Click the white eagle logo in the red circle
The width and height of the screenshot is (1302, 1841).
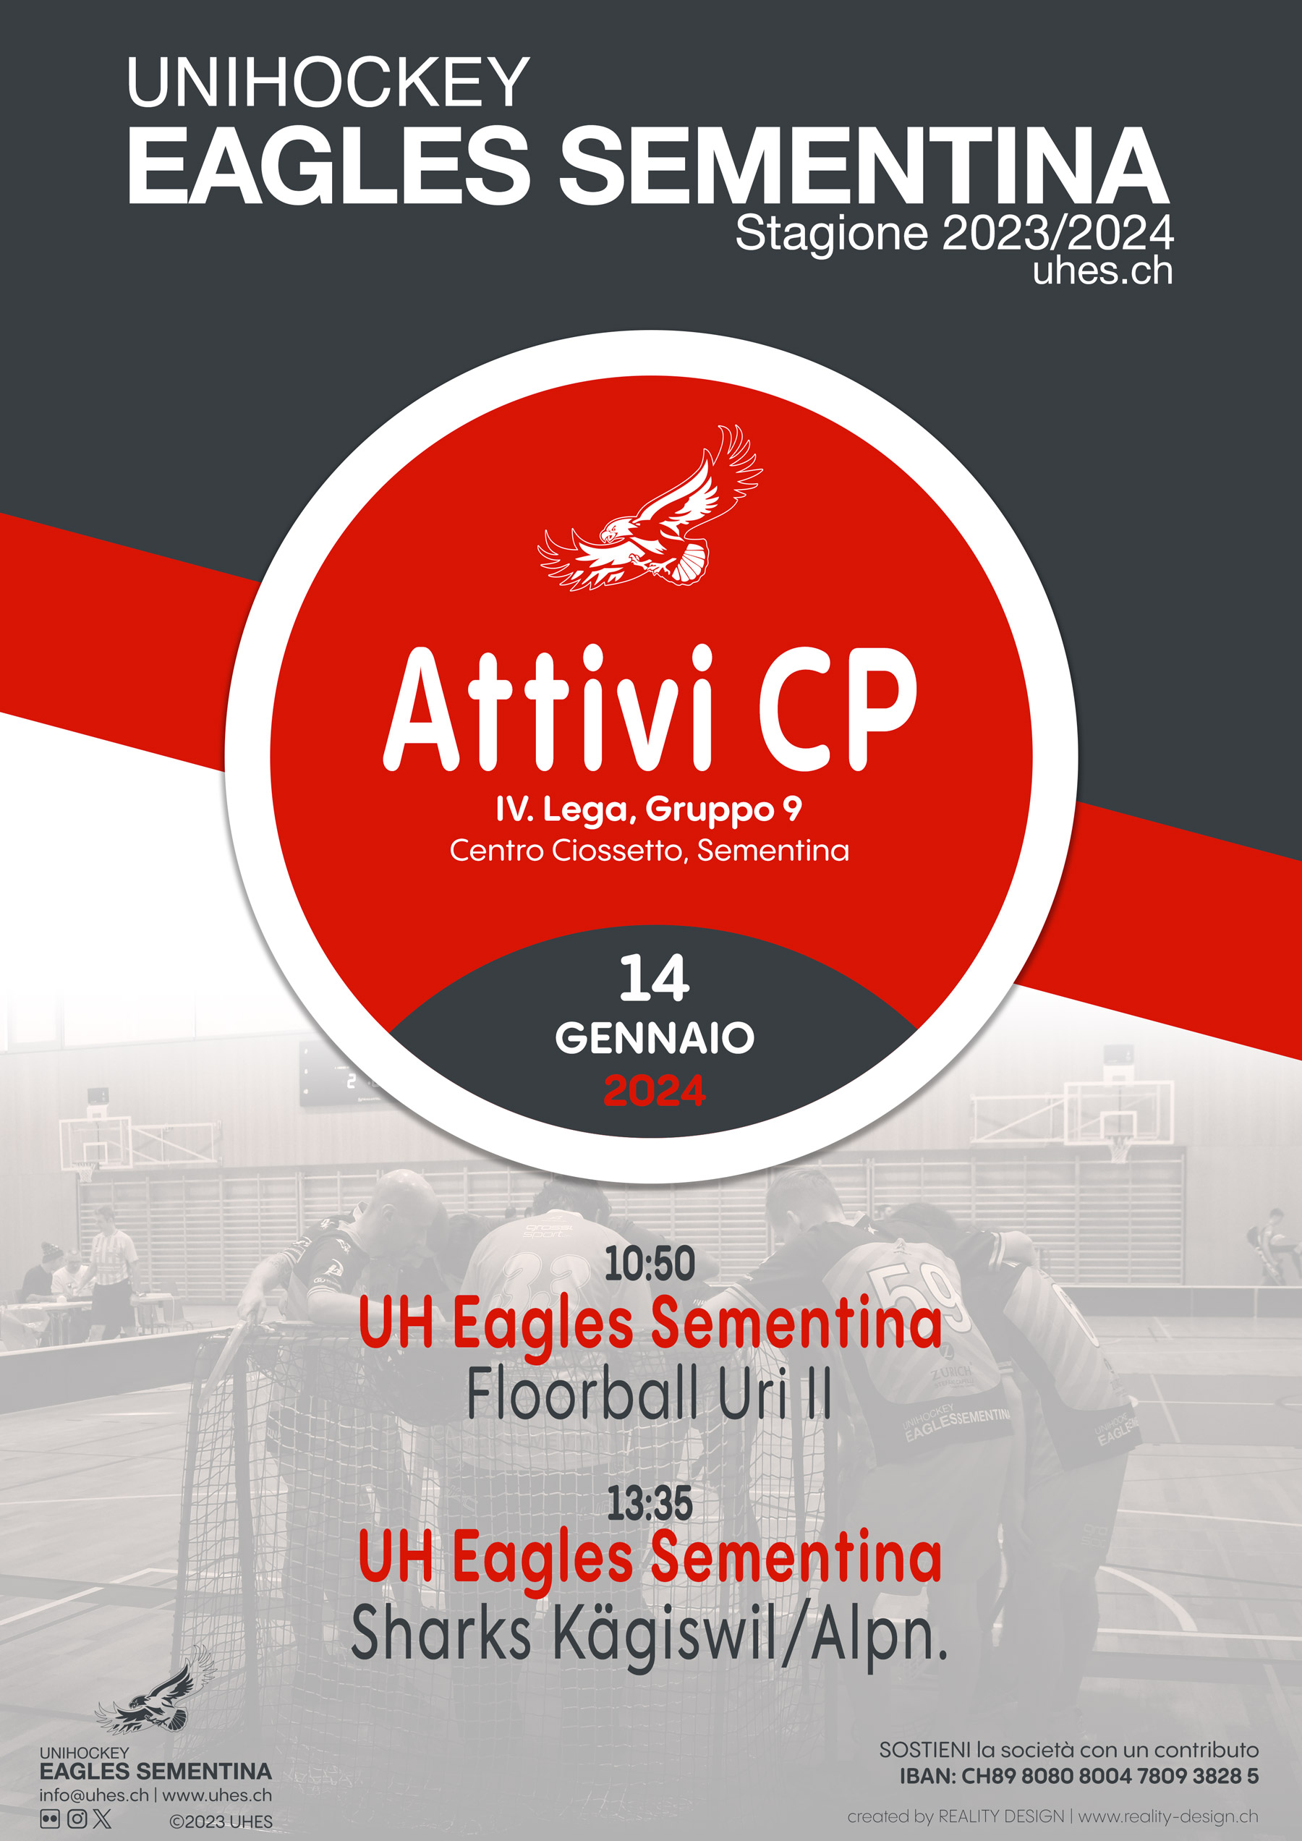(x=650, y=509)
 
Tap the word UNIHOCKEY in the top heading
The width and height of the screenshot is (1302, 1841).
(x=328, y=82)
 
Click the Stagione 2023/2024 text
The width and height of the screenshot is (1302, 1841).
(x=954, y=234)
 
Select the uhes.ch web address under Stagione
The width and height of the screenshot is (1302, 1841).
(x=1103, y=271)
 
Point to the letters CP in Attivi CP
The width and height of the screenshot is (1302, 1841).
(x=837, y=709)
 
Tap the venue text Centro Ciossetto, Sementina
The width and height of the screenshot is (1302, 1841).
(x=650, y=850)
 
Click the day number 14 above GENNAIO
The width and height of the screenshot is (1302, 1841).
(x=654, y=978)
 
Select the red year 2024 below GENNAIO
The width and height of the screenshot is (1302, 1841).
(x=654, y=1090)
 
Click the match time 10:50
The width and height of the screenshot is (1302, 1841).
(x=650, y=1264)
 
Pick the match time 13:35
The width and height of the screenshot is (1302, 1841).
(x=650, y=1502)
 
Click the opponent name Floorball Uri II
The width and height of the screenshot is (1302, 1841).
(x=650, y=1395)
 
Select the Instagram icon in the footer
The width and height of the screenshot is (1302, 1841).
(x=77, y=1819)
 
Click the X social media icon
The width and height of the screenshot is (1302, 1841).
(x=103, y=1819)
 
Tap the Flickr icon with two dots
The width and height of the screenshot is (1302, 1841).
(x=50, y=1819)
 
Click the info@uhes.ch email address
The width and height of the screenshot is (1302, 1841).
(x=94, y=1795)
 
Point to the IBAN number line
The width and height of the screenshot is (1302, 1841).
(x=1078, y=1776)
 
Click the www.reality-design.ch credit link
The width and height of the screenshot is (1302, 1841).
(x=1168, y=1816)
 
